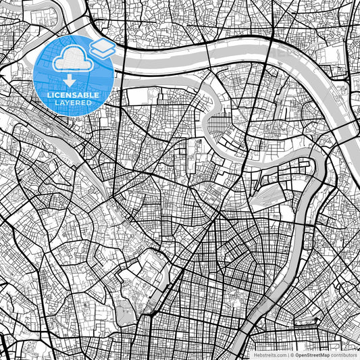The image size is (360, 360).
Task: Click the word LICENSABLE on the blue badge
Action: click(74, 95)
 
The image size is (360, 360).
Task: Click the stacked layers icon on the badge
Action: click(102, 49)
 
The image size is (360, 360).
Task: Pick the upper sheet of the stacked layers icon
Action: click(102, 45)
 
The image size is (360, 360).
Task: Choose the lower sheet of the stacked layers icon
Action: click(102, 53)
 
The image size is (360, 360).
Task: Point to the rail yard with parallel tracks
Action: click(270, 196)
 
